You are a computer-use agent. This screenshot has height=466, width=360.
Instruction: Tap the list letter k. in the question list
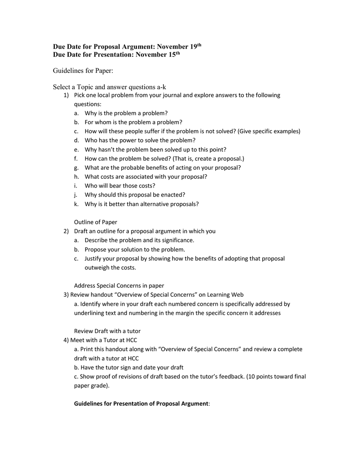click(x=76, y=204)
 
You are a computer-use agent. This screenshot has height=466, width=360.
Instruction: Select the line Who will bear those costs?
click(x=120, y=186)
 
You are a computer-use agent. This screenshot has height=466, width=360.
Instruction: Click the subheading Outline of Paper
click(x=95, y=222)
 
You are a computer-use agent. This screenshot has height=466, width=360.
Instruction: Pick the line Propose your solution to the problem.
click(x=135, y=249)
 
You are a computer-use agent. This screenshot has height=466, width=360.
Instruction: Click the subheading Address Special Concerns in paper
click(x=119, y=286)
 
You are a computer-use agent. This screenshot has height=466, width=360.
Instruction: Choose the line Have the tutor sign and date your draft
click(x=128, y=367)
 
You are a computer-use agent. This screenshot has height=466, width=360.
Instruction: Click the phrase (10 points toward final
click(x=276, y=376)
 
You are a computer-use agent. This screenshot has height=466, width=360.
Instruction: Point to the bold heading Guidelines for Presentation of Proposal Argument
click(x=141, y=404)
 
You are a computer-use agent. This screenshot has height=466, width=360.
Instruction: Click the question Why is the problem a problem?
click(x=126, y=113)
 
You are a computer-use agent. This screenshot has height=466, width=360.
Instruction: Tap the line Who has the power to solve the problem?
click(x=140, y=140)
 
